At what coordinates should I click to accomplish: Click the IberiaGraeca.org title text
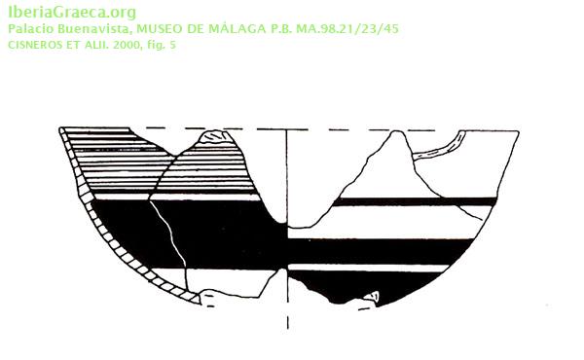point(72,13)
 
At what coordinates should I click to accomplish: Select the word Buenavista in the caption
point(93,29)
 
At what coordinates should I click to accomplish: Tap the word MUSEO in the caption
point(160,29)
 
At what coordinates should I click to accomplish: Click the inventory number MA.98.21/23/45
point(347,29)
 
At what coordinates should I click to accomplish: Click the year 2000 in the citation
point(128,45)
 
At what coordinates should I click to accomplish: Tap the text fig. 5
point(162,46)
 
